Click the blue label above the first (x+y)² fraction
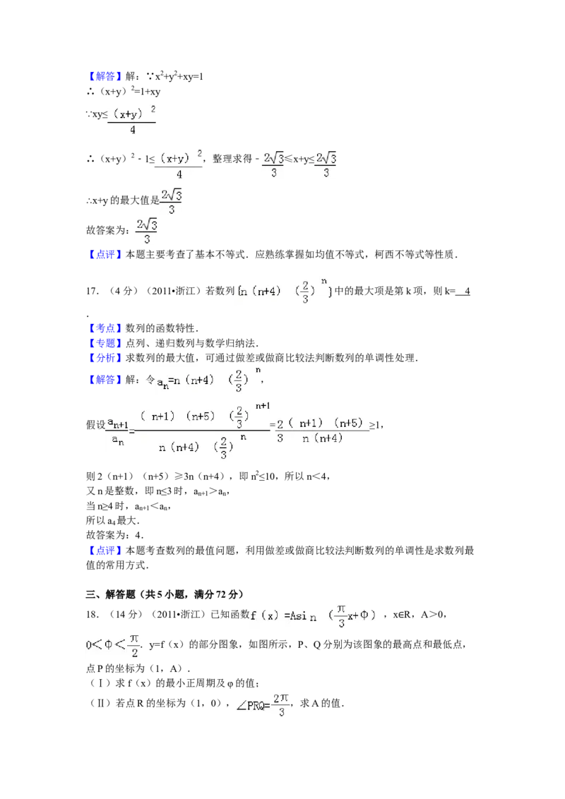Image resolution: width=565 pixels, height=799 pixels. pyautogui.click(x=105, y=77)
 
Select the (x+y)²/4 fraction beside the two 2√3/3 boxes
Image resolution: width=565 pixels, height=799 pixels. pyautogui.click(x=179, y=164)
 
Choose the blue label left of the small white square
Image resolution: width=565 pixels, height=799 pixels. pyautogui.click(x=105, y=329)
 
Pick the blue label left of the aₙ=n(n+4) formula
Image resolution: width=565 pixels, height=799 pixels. pyautogui.click(x=105, y=381)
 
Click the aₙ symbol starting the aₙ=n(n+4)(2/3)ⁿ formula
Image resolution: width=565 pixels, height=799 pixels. pyautogui.click(x=162, y=382)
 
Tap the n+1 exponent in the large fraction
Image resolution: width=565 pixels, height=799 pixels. pyautogui.click(x=262, y=406)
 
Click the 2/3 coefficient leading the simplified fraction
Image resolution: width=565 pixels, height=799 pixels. pyautogui.click(x=280, y=430)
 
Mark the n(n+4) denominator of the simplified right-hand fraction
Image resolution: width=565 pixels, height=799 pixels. pyautogui.click(x=322, y=438)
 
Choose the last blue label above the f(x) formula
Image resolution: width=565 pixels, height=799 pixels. pyautogui.click(x=105, y=551)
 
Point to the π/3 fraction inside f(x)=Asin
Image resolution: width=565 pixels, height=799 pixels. pyautogui.click(x=341, y=615)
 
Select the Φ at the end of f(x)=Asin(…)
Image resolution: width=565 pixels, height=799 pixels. pyautogui.click(x=364, y=615)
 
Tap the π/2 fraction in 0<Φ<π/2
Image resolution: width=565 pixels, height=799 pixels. pyautogui.click(x=133, y=644)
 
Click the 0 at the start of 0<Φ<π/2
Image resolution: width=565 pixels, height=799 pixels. pyautogui.click(x=89, y=645)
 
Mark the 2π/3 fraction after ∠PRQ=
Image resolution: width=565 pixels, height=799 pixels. pyautogui.click(x=281, y=705)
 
